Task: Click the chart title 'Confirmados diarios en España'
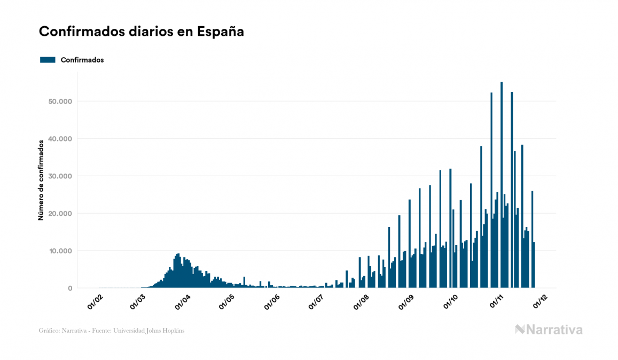[142, 32]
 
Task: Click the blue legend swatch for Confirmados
[48, 60]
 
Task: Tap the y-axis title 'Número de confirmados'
[41, 180]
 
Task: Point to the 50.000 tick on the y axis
[60, 101]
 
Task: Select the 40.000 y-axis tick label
[60, 139]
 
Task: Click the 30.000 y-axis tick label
[60, 176]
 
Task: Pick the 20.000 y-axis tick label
[60, 214]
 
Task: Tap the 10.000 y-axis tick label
[60, 251]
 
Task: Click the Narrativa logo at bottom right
[549, 330]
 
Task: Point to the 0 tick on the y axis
[69, 288]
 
